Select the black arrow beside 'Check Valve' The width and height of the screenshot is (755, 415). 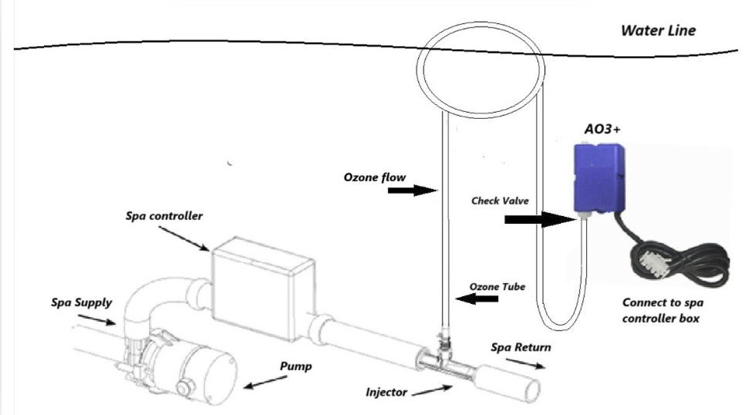point(539,221)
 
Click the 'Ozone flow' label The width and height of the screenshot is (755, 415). point(375,177)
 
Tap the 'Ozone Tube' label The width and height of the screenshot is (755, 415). point(497,286)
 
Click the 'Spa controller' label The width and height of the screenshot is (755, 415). point(164,216)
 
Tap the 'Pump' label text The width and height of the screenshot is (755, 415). point(296,366)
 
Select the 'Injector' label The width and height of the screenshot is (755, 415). point(386,392)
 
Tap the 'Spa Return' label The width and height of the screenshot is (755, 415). point(521,347)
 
